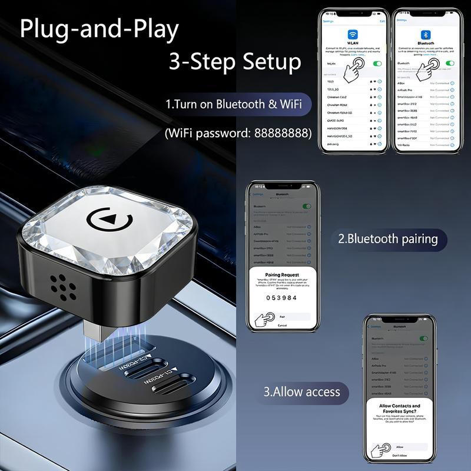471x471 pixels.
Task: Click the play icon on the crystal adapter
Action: click(111, 220)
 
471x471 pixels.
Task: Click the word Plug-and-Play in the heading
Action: click(99, 29)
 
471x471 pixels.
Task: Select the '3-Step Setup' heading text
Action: click(235, 61)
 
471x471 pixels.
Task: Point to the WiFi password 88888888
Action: click(283, 133)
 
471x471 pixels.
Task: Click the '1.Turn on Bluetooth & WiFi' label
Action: click(234, 105)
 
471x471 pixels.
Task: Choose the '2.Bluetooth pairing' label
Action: click(388, 239)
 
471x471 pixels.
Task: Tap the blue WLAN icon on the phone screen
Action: click(353, 35)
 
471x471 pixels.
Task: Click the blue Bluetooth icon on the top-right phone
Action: click(423, 35)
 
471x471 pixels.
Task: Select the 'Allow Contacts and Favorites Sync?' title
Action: click(400, 409)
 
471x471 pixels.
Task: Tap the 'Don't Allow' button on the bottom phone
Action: click(400, 456)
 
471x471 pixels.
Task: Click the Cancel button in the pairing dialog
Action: click(283, 326)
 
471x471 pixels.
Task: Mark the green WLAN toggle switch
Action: click(377, 63)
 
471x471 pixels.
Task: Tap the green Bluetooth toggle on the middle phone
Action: click(306, 207)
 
